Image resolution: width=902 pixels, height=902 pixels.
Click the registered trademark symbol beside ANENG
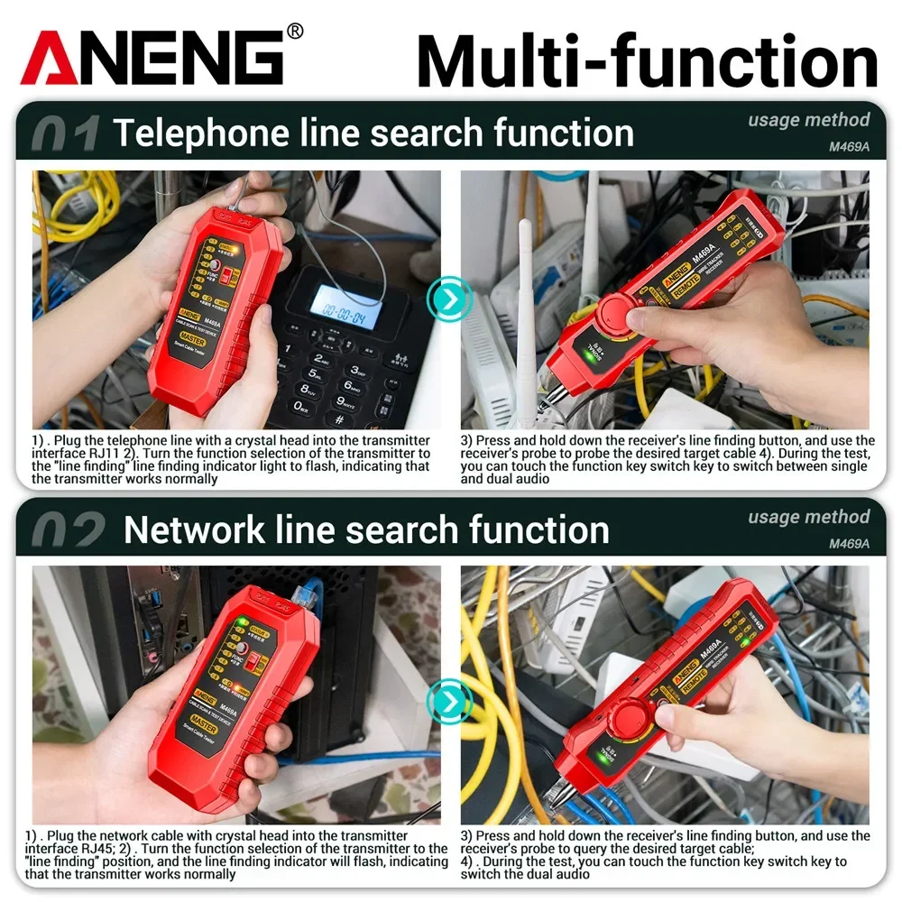click(x=295, y=32)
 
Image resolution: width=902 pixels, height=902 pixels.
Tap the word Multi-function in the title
click(x=647, y=60)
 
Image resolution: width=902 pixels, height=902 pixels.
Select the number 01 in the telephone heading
click(x=65, y=134)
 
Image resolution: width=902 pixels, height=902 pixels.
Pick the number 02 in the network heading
click(x=68, y=531)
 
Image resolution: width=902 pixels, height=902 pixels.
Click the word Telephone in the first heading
click(x=185, y=133)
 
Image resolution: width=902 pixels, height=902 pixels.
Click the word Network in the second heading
click(x=190, y=529)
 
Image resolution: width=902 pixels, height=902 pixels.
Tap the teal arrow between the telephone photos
click(x=449, y=296)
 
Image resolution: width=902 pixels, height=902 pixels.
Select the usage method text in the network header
click(x=808, y=517)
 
